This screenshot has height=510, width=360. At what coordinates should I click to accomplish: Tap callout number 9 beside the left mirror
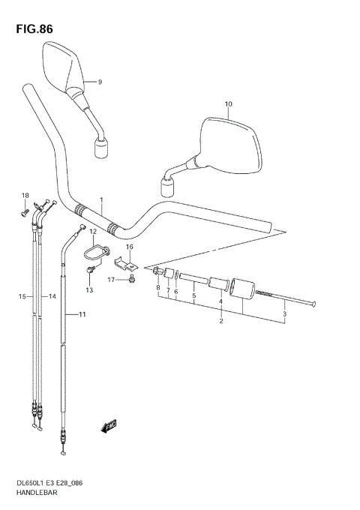[x=99, y=81]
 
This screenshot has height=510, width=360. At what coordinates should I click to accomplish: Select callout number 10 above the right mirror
[x=229, y=104]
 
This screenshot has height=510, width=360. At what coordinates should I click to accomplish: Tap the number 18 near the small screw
[x=24, y=196]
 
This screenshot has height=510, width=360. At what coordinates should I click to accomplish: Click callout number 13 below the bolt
[x=88, y=289]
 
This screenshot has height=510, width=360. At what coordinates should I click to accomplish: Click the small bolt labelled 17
[x=132, y=280]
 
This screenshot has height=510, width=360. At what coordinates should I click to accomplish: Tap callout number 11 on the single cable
[x=82, y=315]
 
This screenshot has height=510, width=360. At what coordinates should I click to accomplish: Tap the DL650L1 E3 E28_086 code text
[x=46, y=484]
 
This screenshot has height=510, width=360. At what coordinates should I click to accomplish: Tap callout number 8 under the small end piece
[x=158, y=287]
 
